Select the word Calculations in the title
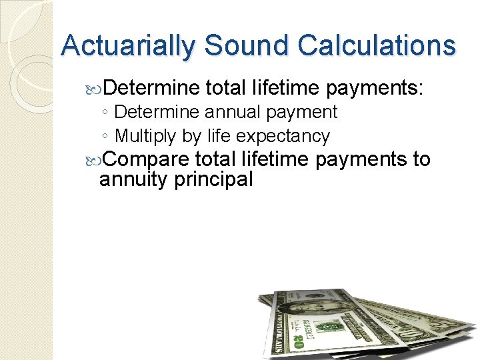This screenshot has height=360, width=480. tap(377, 45)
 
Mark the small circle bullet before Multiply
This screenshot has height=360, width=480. tap(106, 137)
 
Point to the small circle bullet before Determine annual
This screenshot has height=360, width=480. tap(106, 113)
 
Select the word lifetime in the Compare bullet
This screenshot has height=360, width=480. tap(275, 159)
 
